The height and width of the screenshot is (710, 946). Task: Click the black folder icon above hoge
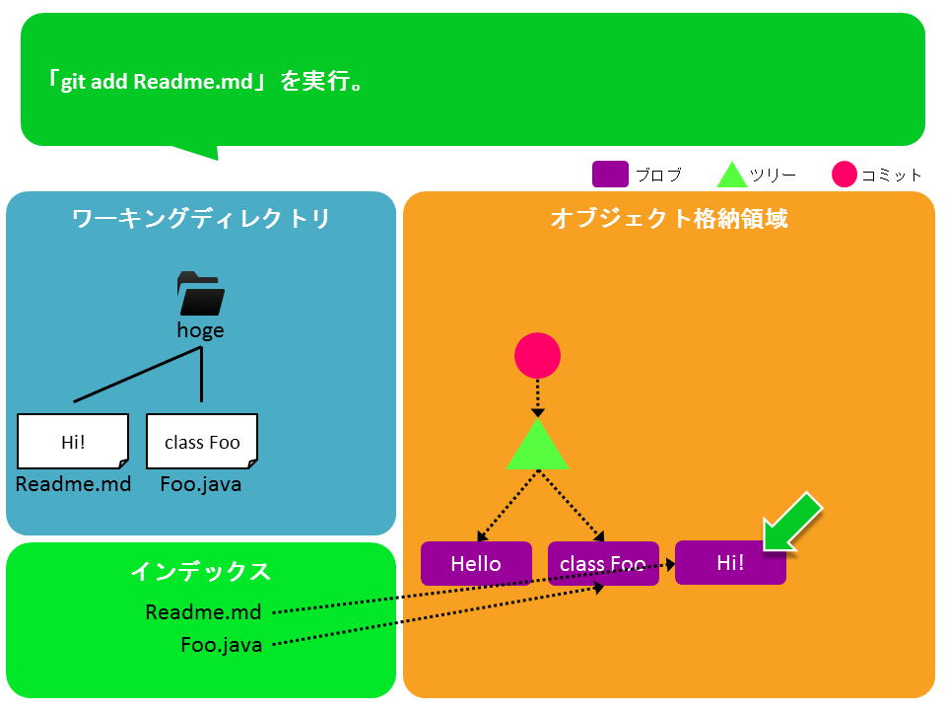[201, 294]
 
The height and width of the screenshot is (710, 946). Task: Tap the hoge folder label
[200, 331]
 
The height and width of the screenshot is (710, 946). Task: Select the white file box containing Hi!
[73, 442]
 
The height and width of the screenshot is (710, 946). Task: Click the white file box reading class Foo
[202, 442]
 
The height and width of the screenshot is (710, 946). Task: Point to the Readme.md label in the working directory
[73, 484]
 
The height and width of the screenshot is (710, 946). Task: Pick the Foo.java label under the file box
[201, 484]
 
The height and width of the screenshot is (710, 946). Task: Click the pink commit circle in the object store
[538, 356]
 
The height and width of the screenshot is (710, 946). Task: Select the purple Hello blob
[476, 563]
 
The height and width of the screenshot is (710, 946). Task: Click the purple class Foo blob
[603, 563]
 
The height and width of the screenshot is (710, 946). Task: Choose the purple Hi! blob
[730, 563]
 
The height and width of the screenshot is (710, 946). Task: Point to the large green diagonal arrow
[792, 522]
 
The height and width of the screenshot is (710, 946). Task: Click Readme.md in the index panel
[203, 612]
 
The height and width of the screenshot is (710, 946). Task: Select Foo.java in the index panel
[222, 645]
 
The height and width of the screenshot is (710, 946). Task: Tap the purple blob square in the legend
[610, 174]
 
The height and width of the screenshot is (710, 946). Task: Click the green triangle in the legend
[732, 176]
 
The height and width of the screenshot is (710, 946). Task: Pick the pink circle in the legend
[845, 175]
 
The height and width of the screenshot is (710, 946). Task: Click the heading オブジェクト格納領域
[669, 219]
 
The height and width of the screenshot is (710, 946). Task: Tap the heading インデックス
[201, 571]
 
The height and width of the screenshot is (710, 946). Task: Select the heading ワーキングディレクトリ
[201, 219]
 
